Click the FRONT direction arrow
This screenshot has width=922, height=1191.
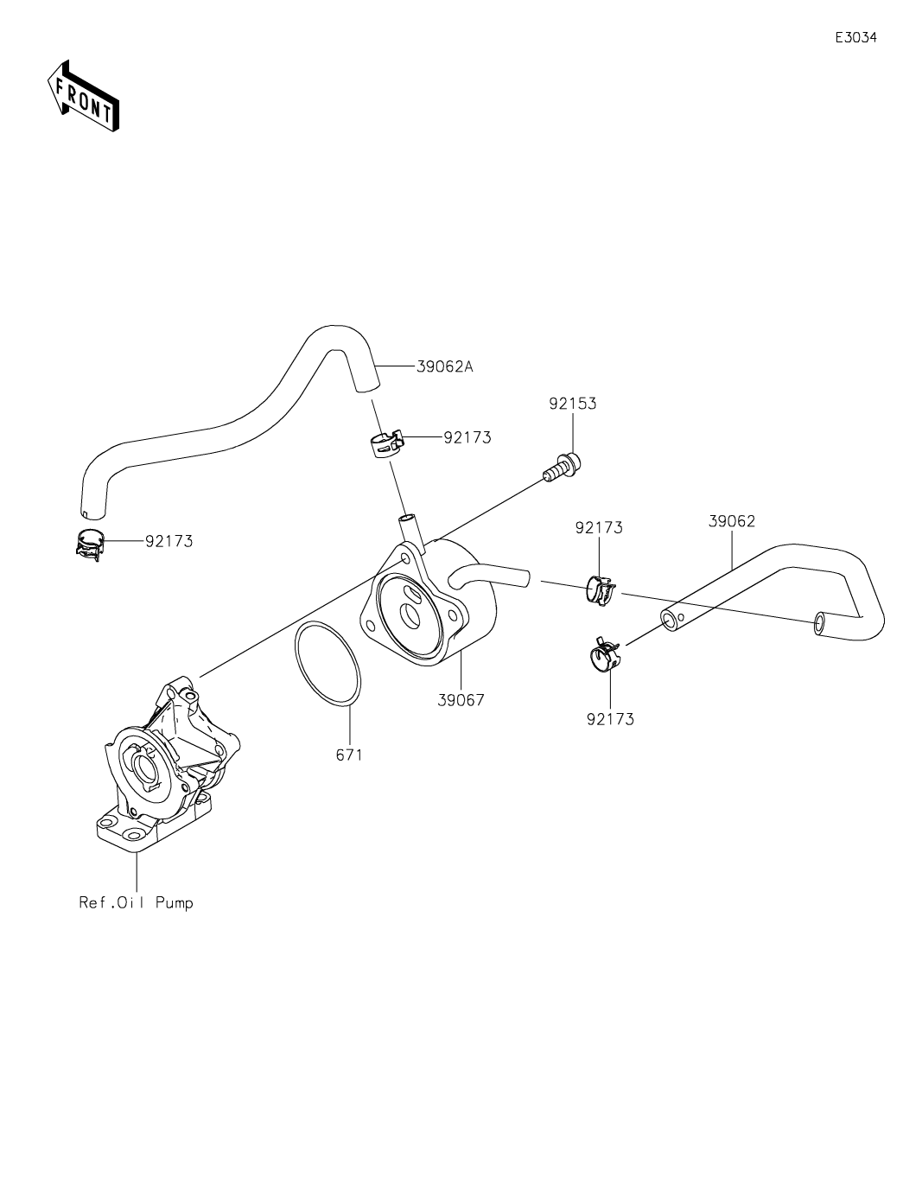click(x=83, y=97)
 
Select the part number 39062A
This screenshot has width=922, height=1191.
click(x=444, y=366)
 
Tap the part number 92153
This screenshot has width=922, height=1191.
click(x=572, y=404)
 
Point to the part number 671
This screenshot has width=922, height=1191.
click(x=349, y=755)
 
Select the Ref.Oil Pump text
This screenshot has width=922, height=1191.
click(x=137, y=902)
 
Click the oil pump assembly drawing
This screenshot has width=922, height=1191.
click(x=164, y=761)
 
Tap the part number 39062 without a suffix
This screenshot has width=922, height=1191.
click(x=732, y=521)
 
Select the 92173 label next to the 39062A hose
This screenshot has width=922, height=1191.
click(x=467, y=437)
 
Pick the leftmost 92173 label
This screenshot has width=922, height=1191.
click(x=169, y=542)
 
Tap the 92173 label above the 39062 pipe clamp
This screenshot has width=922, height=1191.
click(x=599, y=527)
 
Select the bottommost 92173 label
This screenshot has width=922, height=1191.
click(x=610, y=718)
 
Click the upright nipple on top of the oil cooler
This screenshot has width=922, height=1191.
click(x=410, y=529)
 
